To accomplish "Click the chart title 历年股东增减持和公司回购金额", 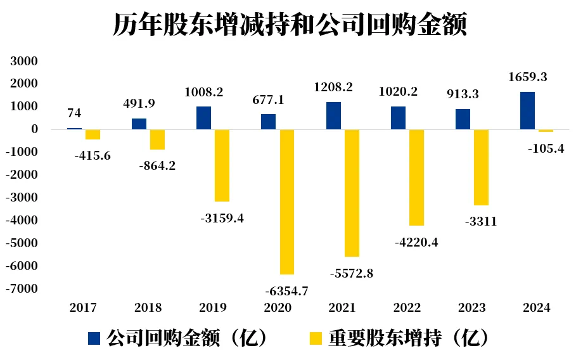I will pos(289,25).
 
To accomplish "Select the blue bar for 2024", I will pos(527,111).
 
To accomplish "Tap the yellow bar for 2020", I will pos(287,202).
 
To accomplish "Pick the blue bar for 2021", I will pos(333,116).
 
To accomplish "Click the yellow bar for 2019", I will pos(222,165).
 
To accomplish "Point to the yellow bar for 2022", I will pos(416,177).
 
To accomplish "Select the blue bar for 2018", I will pos(139,124).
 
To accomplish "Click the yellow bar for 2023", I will pos(481,167).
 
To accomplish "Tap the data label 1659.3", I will pos(528,77).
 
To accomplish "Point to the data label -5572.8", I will pos(352,274).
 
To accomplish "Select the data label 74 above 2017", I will pos(74,113).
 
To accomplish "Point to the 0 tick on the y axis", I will pos(34,130).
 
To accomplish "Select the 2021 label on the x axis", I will pos(342,308).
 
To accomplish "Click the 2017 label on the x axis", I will pos(84,308).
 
